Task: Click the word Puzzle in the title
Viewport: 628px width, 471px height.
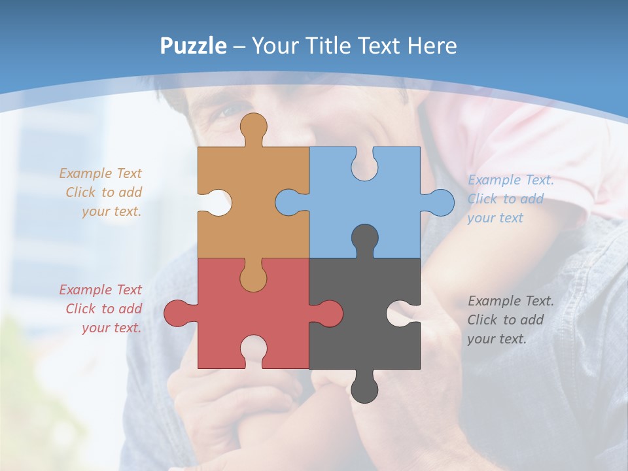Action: click(194, 46)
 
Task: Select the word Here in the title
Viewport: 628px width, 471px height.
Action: click(431, 46)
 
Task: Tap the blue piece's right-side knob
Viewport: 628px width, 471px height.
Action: click(440, 202)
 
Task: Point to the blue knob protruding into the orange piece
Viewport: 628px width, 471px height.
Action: click(289, 202)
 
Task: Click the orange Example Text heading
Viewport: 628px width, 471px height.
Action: click(100, 173)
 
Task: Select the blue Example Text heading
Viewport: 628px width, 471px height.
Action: click(510, 180)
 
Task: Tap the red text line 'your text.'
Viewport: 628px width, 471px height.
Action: click(111, 328)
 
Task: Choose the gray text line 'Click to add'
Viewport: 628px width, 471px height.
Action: click(505, 320)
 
